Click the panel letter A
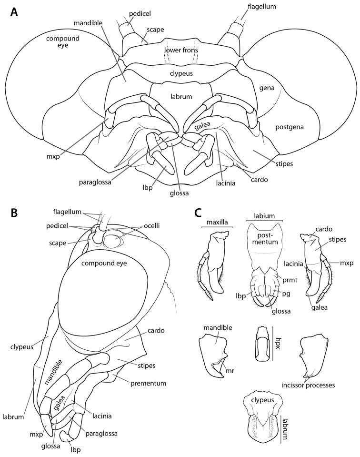coord(15,11)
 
